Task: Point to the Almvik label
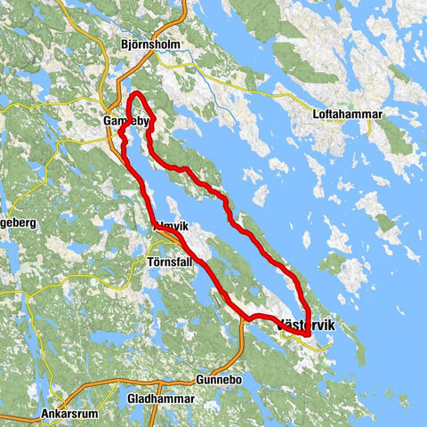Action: click(172, 227)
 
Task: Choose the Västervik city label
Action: click(307, 326)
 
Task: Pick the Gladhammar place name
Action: click(161, 399)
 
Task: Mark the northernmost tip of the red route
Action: click(137, 93)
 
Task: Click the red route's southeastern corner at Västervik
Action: click(307, 334)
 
